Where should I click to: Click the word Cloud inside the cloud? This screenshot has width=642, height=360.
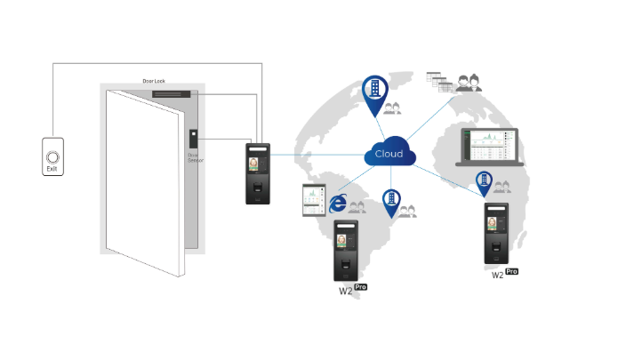389,154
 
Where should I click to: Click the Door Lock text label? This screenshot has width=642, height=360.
155,81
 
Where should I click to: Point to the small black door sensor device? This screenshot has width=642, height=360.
192,138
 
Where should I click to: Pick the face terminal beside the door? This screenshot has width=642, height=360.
258,172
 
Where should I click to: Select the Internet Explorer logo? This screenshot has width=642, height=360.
338,204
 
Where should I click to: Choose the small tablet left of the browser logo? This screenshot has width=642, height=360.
313,199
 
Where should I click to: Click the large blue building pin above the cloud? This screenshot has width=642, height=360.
375,92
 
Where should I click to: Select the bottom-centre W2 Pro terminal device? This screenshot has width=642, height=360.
347,250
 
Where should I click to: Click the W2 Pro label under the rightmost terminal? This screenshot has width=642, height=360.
504,274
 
